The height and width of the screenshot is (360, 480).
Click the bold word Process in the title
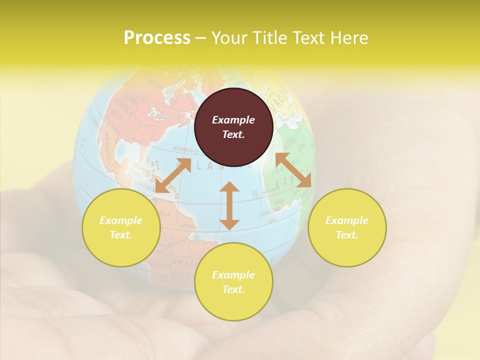157,38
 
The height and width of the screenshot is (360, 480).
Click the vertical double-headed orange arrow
229,205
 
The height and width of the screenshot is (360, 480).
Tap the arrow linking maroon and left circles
173,175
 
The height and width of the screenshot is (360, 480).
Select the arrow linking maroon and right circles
293,170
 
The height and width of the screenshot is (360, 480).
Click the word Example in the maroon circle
233,120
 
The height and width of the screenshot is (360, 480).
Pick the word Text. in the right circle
347,234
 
